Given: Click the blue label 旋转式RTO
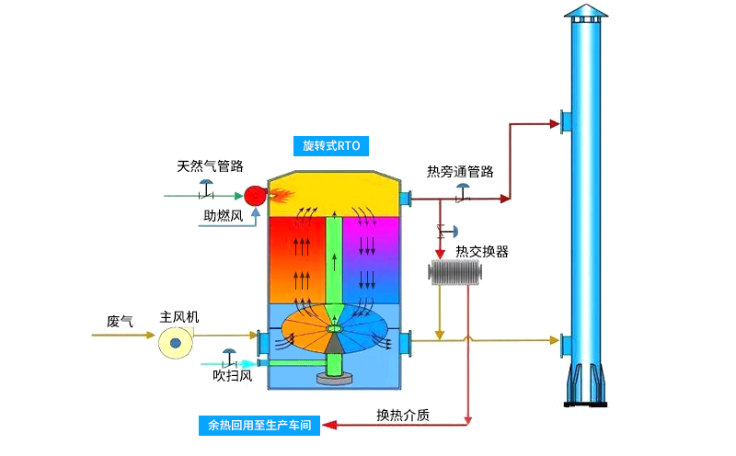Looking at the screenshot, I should pos(330,145).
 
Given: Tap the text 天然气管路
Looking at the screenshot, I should pos(210,166).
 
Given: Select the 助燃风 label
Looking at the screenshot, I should pos(223,216).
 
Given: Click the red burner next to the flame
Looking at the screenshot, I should pos(253,195).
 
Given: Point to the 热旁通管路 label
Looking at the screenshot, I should pos(460,171).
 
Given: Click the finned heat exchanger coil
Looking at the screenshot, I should pos(455,273).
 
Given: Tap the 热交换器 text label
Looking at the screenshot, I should pos(482,251).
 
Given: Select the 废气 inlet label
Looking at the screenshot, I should pos(120,321).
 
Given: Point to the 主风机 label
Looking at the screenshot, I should pos(179,316).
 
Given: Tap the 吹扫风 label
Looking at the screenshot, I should pos(232,376).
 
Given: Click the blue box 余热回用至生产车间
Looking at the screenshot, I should pos(259,426).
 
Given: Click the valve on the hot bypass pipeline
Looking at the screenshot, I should pos(463,192).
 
